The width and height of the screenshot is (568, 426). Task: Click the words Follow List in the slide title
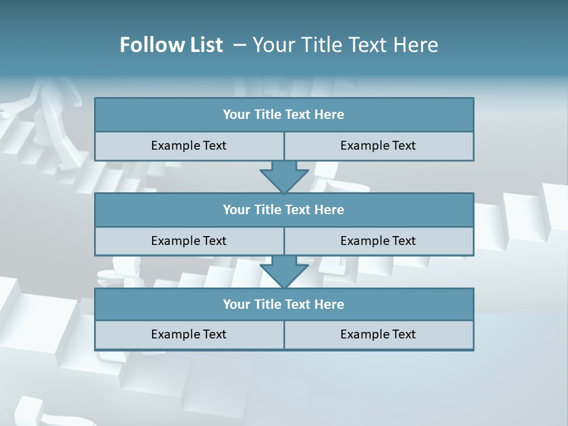pyautogui.click(x=171, y=45)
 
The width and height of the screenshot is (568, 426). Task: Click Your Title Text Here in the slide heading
pyautogui.click(x=345, y=45)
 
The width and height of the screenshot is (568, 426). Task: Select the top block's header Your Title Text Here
pyautogui.click(x=283, y=115)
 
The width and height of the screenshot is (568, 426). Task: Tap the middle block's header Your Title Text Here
pyautogui.click(x=283, y=209)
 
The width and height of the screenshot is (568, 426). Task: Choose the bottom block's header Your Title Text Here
pyautogui.click(x=283, y=304)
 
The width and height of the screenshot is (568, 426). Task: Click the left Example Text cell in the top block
pyautogui.click(x=189, y=146)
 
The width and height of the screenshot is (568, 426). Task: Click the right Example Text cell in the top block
pyautogui.click(x=378, y=146)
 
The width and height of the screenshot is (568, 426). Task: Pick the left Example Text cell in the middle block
pyautogui.click(x=189, y=241)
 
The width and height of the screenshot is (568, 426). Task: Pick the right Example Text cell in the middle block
pyautogui.click(x=378, y=241)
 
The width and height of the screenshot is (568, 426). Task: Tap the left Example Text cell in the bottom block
pyautogui.click(x=189, y=334)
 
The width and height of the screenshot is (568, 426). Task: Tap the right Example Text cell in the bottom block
pyautogui.click(x=378, y=334)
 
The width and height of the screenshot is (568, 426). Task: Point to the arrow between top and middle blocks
pyautogui.click(x=284, y=176)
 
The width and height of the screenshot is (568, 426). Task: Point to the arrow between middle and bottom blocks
pyautogui.click(x=284, y=272)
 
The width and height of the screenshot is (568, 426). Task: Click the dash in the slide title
pyautogui.click(x=240, y=45)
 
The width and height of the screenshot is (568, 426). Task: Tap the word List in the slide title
pyautogui.click(x=203, y=45)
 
